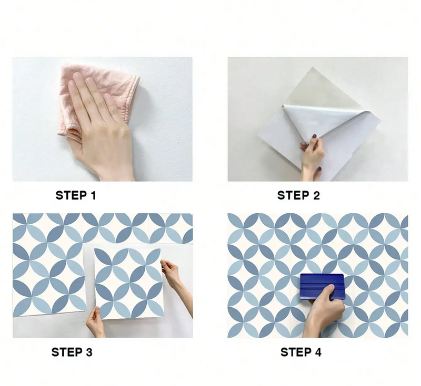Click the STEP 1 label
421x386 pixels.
point(76,196)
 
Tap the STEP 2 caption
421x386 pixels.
point(298,196)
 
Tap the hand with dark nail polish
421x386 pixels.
point(312,155)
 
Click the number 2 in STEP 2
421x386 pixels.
point(316,196)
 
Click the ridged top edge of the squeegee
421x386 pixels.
point(322,277)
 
